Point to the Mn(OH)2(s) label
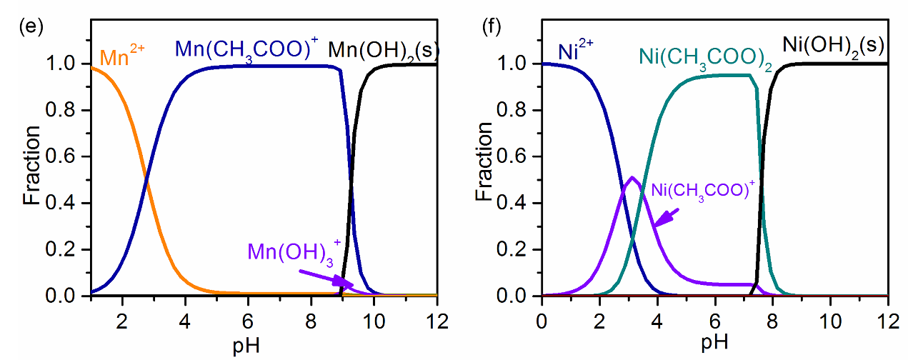[x=383, y=51]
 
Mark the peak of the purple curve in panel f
[x=633, y=177]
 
